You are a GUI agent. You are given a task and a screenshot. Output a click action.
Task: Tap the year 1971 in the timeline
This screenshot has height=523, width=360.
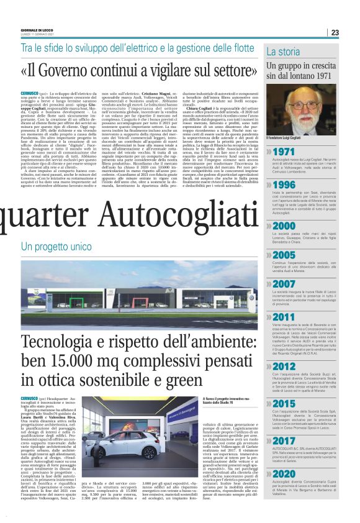tap(284, 152)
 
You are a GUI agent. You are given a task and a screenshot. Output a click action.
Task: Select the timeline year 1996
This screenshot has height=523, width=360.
tap(284, 185)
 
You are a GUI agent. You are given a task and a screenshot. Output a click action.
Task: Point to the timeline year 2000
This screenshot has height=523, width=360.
tap(285, 225)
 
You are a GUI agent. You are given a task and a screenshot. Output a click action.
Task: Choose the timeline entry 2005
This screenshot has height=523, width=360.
tap(285, 255)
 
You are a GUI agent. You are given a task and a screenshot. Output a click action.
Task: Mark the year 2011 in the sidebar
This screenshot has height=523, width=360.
tap(285, 317)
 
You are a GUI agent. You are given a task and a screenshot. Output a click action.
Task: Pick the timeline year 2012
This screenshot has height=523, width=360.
tap(285, 367)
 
